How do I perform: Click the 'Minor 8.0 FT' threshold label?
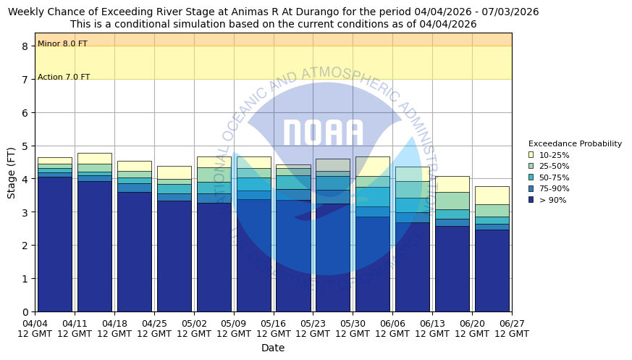point(62,44)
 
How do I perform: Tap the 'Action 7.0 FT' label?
point(64,78)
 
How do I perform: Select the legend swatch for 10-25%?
point(531,155)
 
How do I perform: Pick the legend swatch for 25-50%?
point(531,166)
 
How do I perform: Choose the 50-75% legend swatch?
point(531,177)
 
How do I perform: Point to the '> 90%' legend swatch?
point(531,200)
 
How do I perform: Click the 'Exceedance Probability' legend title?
point(575,143)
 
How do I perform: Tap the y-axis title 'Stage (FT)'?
point(12,172)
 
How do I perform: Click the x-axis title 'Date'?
point(273,348)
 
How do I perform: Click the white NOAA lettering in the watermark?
point(323,134)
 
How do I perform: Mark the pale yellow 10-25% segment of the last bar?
point(492,195)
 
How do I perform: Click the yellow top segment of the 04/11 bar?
point(94,158)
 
